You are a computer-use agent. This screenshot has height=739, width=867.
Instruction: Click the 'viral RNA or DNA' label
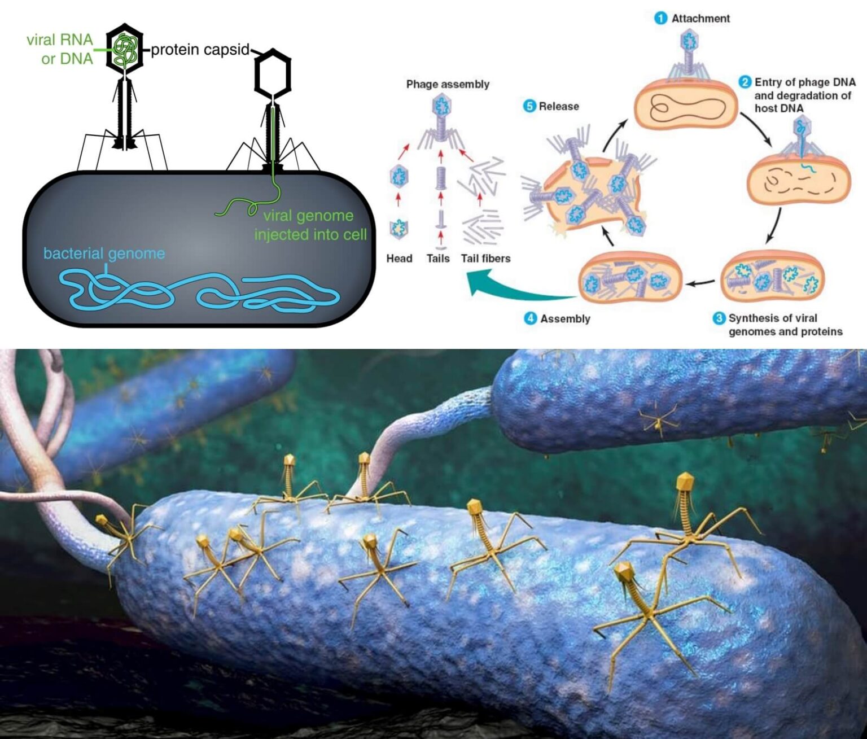click(60, 49)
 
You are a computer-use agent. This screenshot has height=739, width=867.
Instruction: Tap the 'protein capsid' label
click(200, 50)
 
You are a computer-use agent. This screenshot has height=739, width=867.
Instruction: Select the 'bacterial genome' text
click(104, 253)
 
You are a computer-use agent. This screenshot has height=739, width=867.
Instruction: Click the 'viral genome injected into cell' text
click(310, 225)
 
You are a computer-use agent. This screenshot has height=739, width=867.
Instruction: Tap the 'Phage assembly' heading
click(448, 84)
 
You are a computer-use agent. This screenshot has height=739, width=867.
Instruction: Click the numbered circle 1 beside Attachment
click(660, 18)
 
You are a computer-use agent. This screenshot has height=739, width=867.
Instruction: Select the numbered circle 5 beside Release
click(529, 106)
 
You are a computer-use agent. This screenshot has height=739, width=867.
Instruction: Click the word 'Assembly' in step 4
click(565, 318)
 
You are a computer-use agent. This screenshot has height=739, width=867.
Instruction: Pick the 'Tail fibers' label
click(485, 259)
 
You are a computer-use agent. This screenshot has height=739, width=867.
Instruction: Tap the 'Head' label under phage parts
click(399, 259)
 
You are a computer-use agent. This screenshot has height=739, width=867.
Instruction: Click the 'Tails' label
click(438, 259)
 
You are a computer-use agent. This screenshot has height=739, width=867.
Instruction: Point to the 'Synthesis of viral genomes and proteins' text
click(785, 325)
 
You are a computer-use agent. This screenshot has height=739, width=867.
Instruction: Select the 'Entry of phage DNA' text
click(805, 82)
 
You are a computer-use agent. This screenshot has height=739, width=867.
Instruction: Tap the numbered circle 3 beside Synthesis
click(719, 318)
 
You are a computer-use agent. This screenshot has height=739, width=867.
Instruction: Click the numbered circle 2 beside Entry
click(745, 82)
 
